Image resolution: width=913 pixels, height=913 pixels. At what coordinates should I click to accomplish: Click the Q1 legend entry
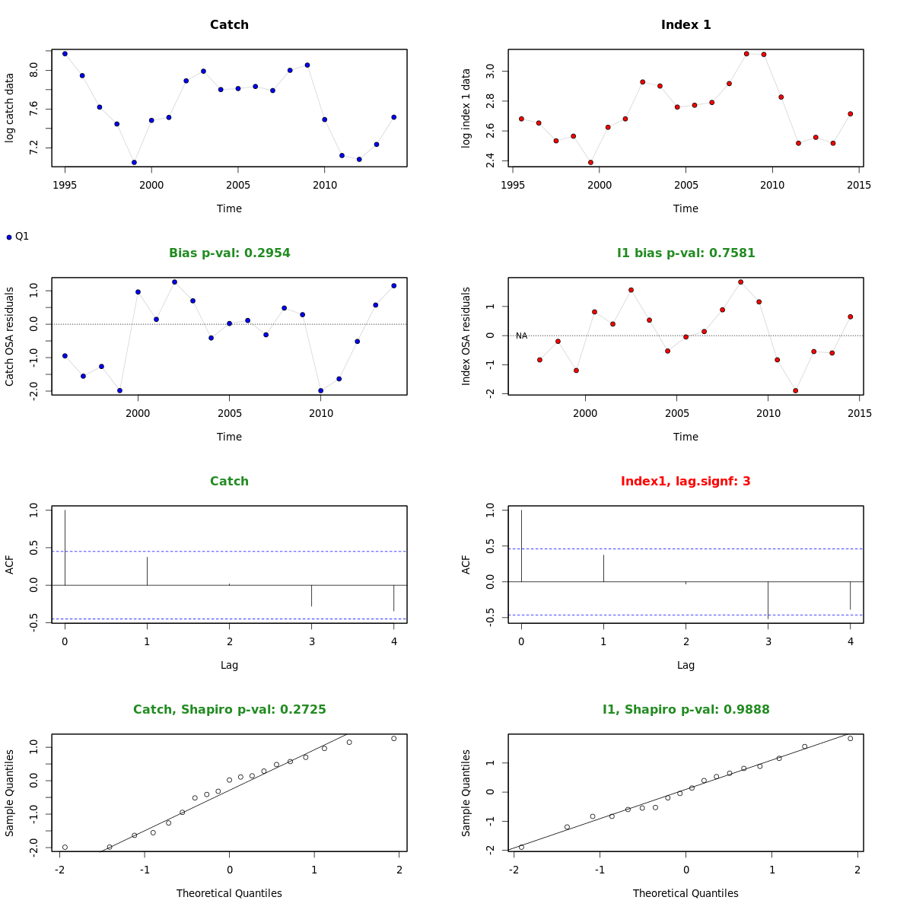pyautogui.click(x=17, y=237)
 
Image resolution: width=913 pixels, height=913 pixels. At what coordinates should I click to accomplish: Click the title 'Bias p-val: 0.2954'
pyautogui.click(x=229, y=253)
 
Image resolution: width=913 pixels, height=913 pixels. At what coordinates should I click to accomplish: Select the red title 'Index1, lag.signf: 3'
pyautogui.click(x=686, y=482)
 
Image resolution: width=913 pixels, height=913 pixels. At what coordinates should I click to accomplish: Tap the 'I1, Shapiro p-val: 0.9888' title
pyautogui.click(x=686, y=710)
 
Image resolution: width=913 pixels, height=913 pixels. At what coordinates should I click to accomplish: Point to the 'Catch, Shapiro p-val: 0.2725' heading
pyautogui.click(x=229, y=710)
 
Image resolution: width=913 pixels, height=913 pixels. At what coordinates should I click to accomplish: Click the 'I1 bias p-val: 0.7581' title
pyautogui.click(x=686, y=253)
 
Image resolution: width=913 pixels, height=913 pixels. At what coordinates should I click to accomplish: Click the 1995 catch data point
pyautogui.click(x=65, y=53)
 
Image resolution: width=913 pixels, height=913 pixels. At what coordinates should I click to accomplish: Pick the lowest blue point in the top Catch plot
pyautogui.click(x=134, y=162)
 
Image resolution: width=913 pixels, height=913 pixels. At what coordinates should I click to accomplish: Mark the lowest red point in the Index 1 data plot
pyautogui.click(x=590, y=162)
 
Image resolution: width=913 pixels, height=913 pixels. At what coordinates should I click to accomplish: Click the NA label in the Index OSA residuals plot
pyautogui.click(x=521, y=336)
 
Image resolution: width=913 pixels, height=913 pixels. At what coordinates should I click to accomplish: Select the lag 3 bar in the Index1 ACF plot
pyautogui.click(x=768, y=599)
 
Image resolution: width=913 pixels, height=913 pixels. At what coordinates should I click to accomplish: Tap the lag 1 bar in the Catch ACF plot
pyautogui.click(x=147, y=571)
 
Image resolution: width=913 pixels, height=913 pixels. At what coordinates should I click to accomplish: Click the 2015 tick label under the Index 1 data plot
pyautogui.click(x=860, y=185)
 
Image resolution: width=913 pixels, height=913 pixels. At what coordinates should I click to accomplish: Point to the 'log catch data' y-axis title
pyautogui.click(x=10, y=107)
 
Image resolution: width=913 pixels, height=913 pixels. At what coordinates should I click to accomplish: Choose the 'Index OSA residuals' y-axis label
pyautogui.click(x=466, y=336)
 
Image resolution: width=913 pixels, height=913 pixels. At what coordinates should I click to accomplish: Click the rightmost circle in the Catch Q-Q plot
pyautogui.click(x=394, y=738)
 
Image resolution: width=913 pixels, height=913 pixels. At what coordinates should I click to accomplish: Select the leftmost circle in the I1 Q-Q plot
pyautogui.click(x=521, y=847)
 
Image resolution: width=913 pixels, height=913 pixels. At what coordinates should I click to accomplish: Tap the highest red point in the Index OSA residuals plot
pyautogui.click(x=740, y=282)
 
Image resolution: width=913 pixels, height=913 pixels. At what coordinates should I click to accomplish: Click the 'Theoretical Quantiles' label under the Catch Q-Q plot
pyautogui.click(x=229, y=893)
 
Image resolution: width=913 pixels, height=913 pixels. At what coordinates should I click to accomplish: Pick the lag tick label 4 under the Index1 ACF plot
pyautogui.click(x=850, y=641)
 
